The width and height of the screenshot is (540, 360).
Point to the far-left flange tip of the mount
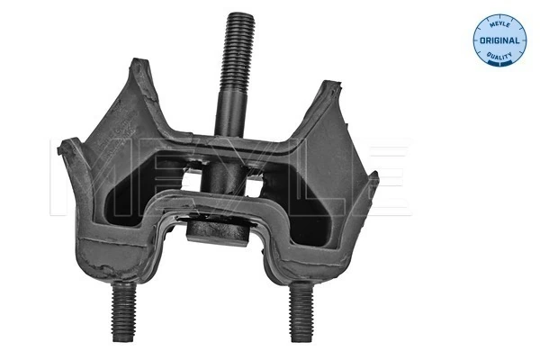click(59, 148)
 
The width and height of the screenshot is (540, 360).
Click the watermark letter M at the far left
click(67, 176)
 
